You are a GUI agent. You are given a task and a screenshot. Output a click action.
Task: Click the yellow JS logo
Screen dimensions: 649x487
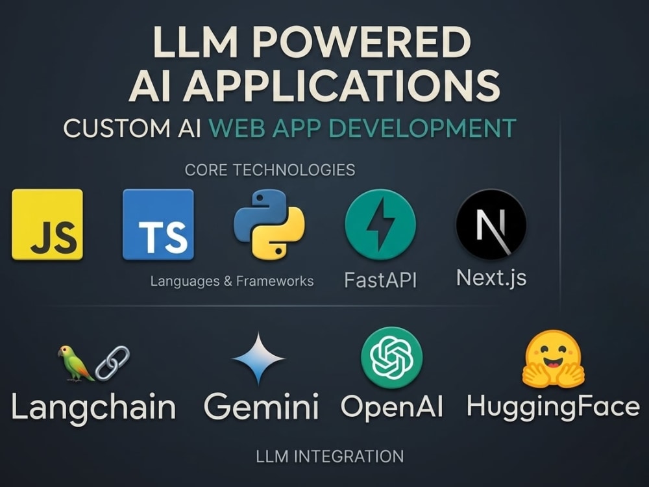[47, 225]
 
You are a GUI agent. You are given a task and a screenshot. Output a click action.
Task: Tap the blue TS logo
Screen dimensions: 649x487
[158, 225]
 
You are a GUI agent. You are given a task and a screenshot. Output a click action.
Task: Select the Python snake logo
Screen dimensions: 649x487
[269, 225]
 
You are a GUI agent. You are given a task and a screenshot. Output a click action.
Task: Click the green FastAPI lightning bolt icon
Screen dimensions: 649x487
[380, 225]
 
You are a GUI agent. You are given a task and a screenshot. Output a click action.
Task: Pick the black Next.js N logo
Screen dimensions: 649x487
[491, 225]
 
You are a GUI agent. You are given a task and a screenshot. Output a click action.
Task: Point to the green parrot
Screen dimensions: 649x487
[75, 363]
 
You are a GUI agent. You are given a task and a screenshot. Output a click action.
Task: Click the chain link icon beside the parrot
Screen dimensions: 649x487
[112, 362]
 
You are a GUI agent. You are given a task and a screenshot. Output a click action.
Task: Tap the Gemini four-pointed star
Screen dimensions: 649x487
[259, 358]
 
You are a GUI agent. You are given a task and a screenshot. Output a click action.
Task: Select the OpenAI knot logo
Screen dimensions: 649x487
[391, 357]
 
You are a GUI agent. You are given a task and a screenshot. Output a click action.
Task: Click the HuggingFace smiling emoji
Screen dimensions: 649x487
[553, 358]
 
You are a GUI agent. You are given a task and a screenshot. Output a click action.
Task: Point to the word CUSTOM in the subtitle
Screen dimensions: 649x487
[114, 128]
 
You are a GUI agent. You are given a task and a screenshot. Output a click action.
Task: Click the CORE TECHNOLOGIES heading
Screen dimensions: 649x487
[270, 170]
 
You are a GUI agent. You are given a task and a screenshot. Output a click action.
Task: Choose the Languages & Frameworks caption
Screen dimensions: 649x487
[232, 281]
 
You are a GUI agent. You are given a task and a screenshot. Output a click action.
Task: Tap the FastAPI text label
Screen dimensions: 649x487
[380, 281]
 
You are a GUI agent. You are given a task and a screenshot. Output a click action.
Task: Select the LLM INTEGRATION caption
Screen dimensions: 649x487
[330, 456]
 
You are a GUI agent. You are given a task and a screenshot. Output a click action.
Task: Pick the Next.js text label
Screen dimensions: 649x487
[491, 278]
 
